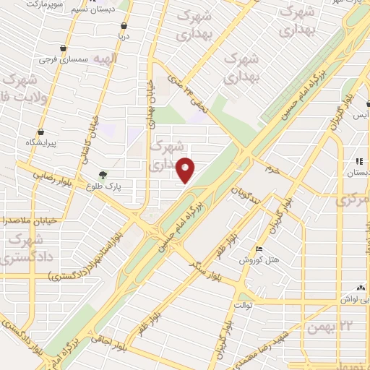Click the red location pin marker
point(186,171)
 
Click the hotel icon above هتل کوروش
point(259,249)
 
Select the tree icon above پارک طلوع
point(103,175)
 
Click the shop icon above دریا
point(124,25)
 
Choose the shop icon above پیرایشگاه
point(40,132)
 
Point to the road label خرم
point(272,170)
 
